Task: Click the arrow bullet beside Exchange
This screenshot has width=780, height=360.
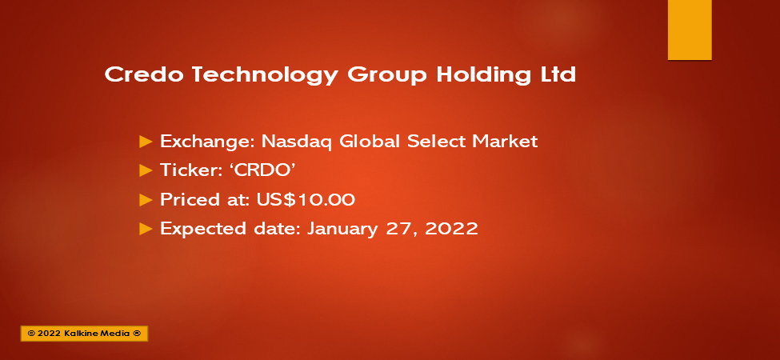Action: tap(146, 142)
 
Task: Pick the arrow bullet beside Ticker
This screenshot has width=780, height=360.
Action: tap(146, 171)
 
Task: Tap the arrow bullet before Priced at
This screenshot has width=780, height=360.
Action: tap(146, 200)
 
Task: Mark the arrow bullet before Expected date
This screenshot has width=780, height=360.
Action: tap(146, 229)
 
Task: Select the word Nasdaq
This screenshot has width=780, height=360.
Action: tap(297, 142)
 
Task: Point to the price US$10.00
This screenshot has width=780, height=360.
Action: tap(306, 199)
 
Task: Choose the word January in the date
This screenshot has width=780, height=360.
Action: tap(342, 230)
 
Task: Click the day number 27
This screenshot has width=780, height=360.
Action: tap(395, 229)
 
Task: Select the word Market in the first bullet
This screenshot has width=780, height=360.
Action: tap(505, 142)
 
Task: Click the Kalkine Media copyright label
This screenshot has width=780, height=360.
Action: tap(84, 334)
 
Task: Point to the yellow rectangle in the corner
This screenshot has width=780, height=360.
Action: tap(690, 30)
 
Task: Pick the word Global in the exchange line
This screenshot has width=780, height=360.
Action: tap(370, 142)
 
